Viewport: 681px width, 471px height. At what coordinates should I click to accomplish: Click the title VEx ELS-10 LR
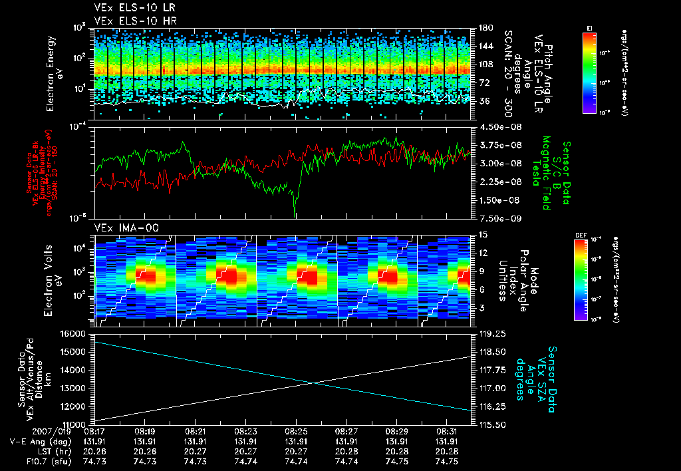(130, 9)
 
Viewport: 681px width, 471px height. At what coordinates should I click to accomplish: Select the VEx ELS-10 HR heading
(130, 21)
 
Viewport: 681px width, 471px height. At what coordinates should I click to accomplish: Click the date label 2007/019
(25, 431)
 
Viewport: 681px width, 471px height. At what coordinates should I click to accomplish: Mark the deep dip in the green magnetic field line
(295, 212)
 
